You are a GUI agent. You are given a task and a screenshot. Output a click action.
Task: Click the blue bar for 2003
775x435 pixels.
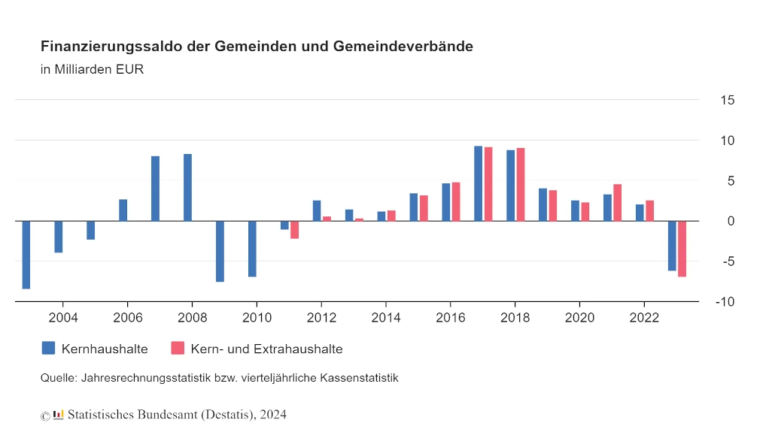(26, 255)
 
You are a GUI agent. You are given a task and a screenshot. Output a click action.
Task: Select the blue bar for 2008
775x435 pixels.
(188, 188)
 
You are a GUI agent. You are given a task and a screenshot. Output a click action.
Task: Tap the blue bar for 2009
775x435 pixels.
(220, 252)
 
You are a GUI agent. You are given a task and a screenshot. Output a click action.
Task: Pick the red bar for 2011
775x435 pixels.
(295, 230)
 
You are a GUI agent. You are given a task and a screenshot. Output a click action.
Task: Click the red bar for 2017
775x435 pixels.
(488, 184)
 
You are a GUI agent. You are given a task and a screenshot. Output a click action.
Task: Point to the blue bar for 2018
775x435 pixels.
(511, 186)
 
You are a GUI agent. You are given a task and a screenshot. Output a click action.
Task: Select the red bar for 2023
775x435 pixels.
(682, 249)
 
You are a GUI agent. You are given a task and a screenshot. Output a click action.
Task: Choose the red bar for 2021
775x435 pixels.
(617, 202)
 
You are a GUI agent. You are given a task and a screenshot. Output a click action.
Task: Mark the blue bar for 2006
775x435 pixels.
(123, 210)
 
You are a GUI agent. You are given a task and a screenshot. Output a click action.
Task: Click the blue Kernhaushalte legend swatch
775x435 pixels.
(48, 348)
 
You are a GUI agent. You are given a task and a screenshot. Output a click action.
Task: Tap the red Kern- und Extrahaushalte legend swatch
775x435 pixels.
(178, 348)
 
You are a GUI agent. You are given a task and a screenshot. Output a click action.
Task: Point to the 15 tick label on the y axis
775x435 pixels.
(728, 100)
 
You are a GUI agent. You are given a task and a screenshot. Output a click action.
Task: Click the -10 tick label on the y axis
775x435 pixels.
(725, 302)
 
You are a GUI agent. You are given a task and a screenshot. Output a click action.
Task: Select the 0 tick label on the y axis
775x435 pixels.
(731, 221)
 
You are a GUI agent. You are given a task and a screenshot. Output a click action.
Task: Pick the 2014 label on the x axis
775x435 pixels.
(386, 318)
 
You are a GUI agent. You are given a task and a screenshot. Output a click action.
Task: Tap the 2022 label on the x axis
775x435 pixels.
(644, 318)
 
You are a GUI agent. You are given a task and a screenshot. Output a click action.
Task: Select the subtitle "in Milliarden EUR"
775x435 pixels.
(92, 69)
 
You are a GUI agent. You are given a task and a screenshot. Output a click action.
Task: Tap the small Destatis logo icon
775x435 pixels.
(59, 415)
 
